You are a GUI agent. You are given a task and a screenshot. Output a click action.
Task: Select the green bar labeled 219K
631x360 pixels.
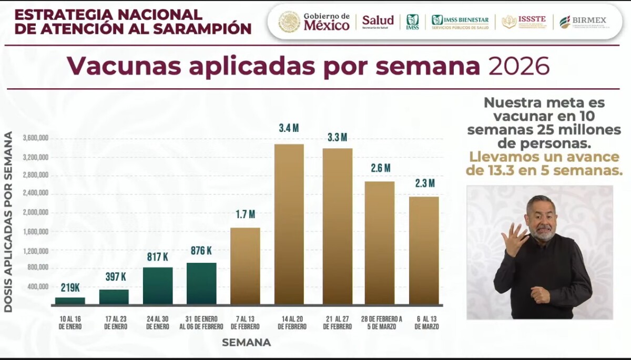70,301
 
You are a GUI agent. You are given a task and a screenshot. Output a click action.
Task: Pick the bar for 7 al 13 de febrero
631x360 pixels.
245,265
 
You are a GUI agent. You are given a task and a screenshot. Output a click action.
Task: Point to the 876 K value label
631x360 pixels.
201,251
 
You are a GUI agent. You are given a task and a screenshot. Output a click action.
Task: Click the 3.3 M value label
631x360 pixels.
337,137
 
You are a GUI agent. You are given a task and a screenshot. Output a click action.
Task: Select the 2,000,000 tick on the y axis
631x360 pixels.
35,213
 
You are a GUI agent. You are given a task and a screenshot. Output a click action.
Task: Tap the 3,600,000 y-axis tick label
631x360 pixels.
35,138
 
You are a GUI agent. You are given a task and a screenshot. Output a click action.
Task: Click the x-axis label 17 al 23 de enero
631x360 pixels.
114,323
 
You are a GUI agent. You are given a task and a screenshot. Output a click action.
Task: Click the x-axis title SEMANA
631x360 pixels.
246,343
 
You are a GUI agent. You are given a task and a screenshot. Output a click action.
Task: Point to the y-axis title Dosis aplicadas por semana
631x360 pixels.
8,222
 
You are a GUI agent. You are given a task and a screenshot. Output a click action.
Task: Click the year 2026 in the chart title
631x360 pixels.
519,67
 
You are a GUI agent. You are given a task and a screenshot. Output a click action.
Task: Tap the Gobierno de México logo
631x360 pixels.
314,22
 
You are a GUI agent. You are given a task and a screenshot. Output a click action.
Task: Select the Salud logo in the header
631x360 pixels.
378,22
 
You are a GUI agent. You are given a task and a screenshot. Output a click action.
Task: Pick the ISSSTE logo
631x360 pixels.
524,22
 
